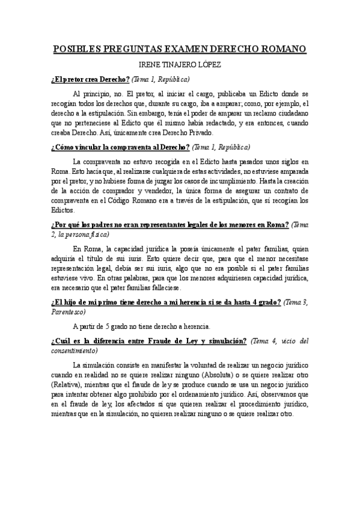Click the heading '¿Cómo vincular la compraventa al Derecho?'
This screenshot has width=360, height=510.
click(x=121, y=147)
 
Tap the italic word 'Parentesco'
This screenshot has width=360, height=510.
click(x=69, y=312)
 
